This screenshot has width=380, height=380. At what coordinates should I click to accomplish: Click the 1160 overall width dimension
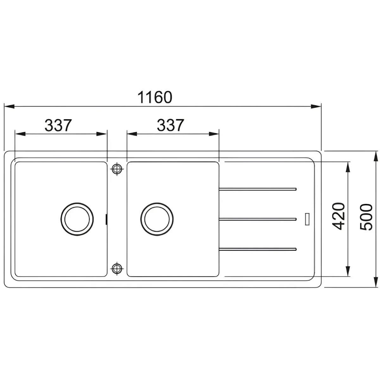pos(155,97)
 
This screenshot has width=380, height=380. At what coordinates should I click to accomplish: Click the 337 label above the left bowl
pos(58,125)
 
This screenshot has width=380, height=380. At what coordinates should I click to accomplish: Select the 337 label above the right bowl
pos(170,125)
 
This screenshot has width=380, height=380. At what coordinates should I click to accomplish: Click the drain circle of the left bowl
pos(77,219)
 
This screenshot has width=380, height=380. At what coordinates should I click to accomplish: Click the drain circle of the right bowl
pos(157,219)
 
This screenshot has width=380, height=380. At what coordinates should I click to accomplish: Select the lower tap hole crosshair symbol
pos(117,269)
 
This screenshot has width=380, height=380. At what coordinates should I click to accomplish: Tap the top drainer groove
pos(257,189)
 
